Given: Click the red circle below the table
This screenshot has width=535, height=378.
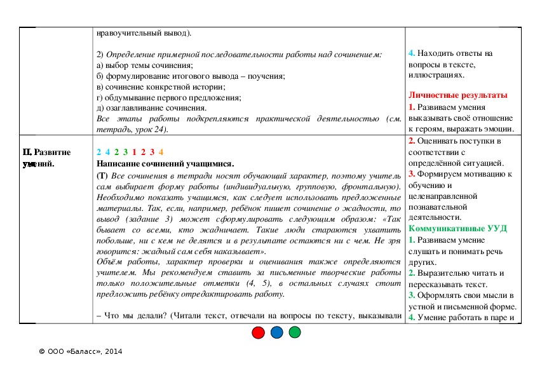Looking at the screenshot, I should coord(258,332).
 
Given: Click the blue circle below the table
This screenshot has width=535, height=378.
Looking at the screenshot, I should coord(276,332).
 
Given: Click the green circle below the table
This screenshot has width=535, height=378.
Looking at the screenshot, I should coord(295,332).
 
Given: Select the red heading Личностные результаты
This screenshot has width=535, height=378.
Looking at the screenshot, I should coord(458,95).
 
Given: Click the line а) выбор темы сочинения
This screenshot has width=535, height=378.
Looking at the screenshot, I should coord(144,65).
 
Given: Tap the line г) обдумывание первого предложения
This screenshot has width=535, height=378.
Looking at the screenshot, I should coord(169,98).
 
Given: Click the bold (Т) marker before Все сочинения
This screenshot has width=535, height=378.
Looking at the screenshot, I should coord(102,175).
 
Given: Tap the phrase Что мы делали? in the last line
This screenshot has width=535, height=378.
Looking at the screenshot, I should coord(137,316).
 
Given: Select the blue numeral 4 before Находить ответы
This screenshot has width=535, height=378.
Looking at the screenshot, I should coord(412,53).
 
